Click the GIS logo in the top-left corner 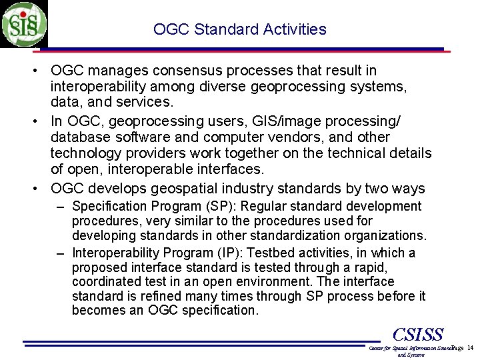pos(24,24)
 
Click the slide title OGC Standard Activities pos(239,29)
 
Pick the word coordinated pos(104,282)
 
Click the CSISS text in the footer pos(418,333)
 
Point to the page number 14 pos(470,349)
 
